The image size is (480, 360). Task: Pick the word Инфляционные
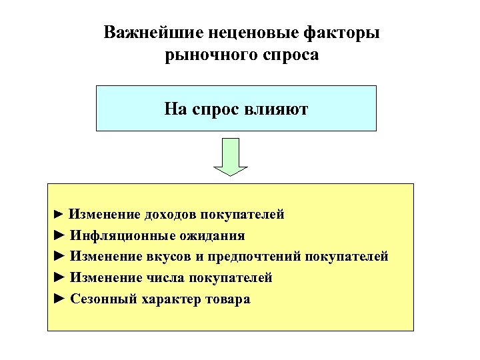(x=123, y=235)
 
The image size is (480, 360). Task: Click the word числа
(x=165, y=277)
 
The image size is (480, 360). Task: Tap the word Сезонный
(x=103, y=299)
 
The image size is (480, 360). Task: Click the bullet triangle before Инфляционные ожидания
(x=59, y=235)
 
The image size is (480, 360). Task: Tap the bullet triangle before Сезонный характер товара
(x=59, y=299)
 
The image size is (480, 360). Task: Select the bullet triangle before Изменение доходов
(x=59, y=214)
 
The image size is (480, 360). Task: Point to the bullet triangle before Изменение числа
(x=59, y=277)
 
